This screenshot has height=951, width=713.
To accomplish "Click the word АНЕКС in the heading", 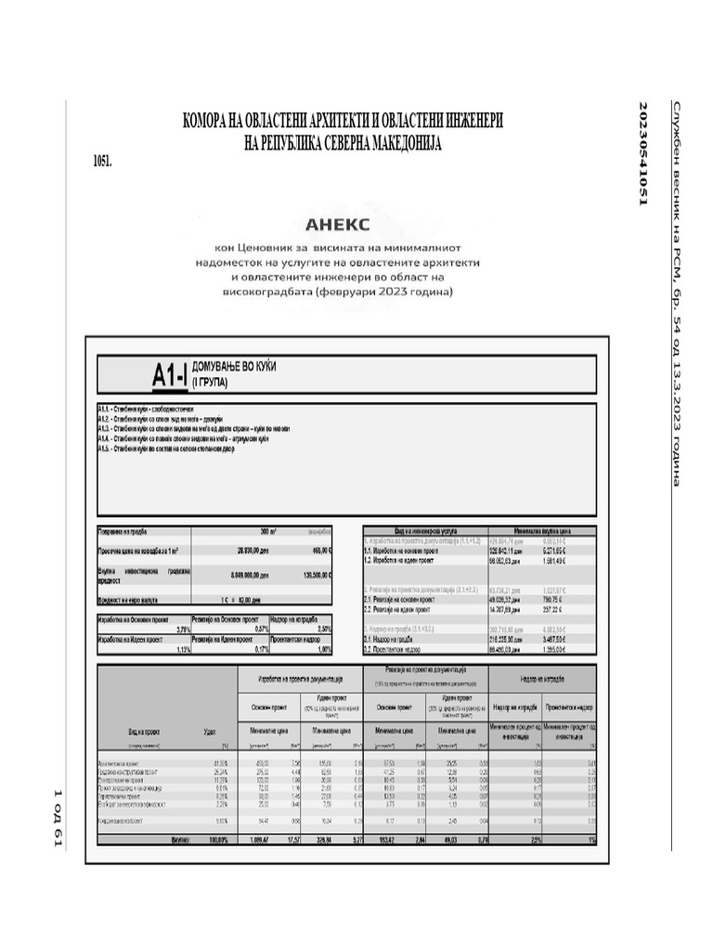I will [x=338, y=224].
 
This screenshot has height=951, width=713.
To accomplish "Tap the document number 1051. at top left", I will [x=102, y=161].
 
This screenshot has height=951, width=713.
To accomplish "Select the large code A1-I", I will [x=170, y=374].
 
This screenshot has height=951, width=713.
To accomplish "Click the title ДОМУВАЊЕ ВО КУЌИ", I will [x=233, y=368].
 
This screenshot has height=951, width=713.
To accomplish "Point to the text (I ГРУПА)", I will [x=212, y=382].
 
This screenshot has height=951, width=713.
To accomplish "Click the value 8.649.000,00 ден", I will [x=249, y=575].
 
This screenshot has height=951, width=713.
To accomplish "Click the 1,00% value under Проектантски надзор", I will [x=324, y=649].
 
